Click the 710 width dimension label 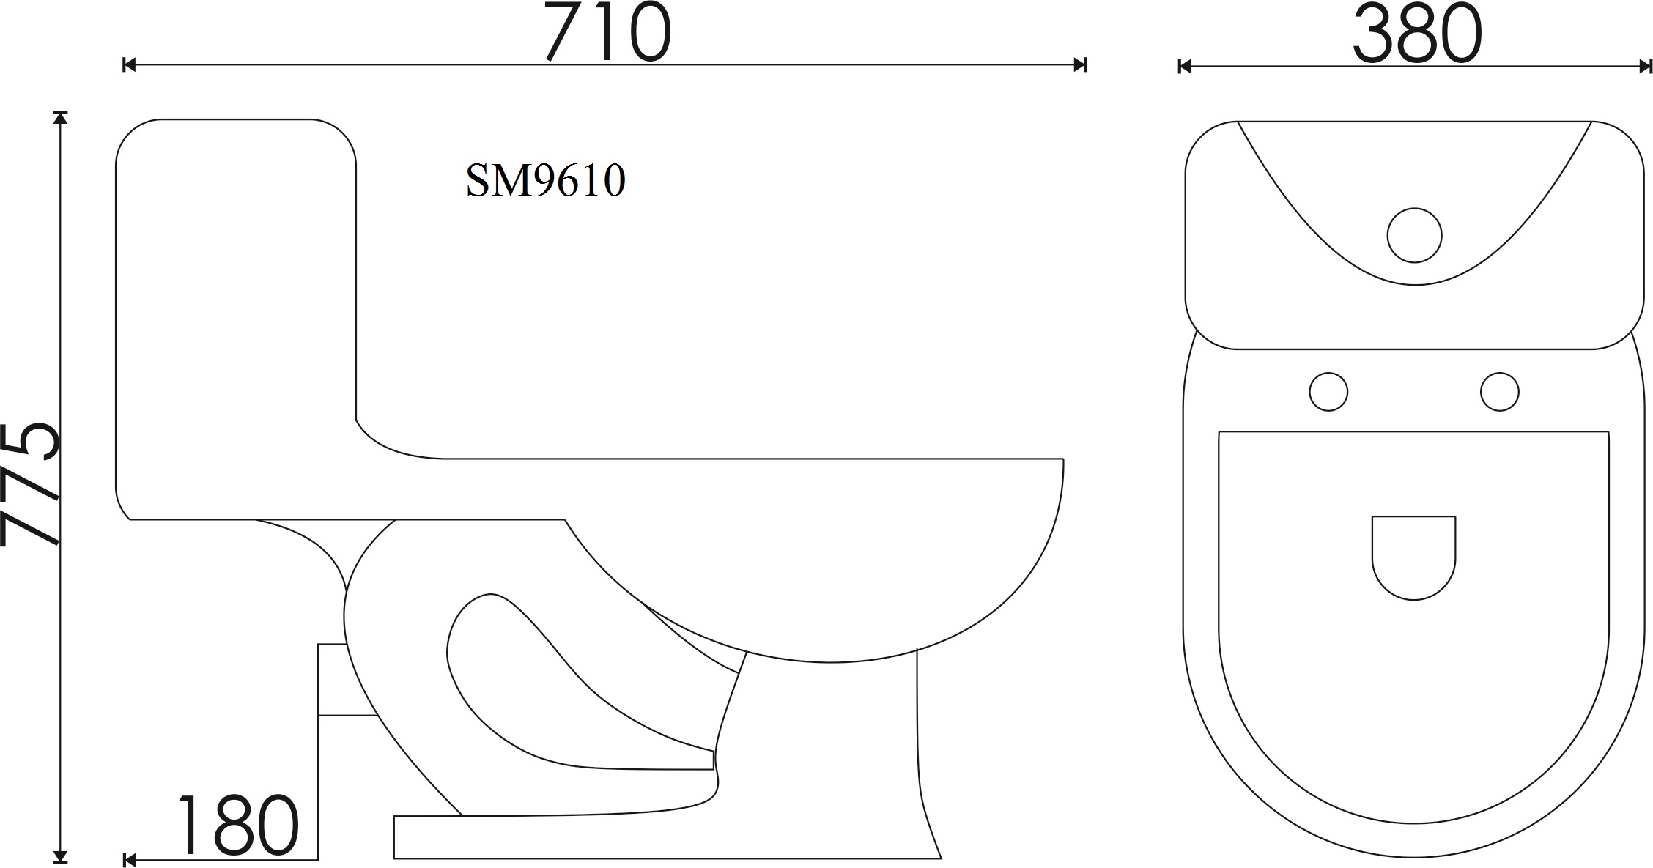point(607,32)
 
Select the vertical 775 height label point(30,484)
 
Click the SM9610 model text point(546,180)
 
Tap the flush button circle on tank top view point(1414,235)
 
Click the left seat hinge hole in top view point(1328,392)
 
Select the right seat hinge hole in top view point(1499,392)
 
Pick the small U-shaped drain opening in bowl point(1413,557)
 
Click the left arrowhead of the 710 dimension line point(130,64)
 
